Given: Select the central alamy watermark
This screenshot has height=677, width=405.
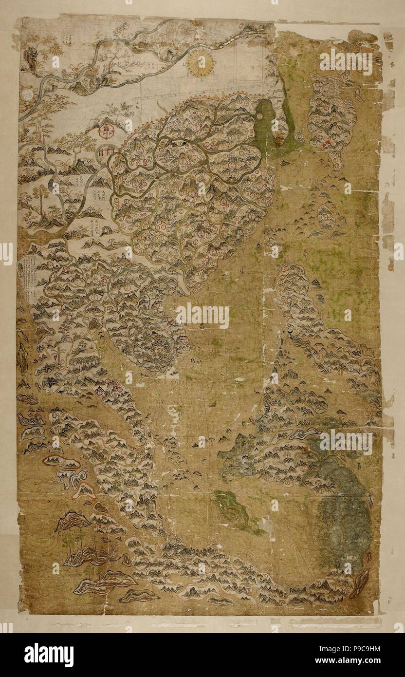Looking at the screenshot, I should coord(202,316).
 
